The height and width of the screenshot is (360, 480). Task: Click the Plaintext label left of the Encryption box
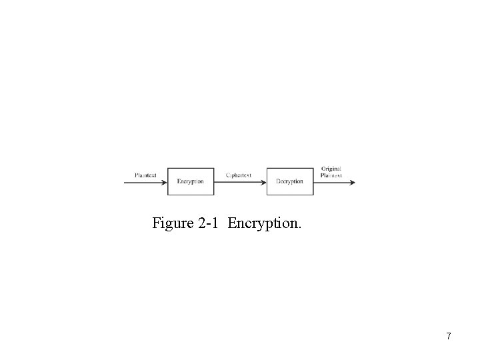click(145, 175)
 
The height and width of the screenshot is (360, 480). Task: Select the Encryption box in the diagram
click(191, 181)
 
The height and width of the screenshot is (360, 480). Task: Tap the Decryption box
click(290, 181)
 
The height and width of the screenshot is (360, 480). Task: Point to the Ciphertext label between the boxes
click(239, 175)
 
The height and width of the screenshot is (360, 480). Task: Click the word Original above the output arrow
click(331, 169)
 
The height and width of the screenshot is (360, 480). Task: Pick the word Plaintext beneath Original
click(331, 175)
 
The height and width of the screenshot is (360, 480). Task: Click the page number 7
click(449, 337)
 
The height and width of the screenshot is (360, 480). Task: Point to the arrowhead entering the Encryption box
click(164, 182)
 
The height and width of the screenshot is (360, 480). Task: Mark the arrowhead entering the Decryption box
click(264, 182)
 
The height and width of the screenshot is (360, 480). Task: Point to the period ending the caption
click(299, 227)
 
